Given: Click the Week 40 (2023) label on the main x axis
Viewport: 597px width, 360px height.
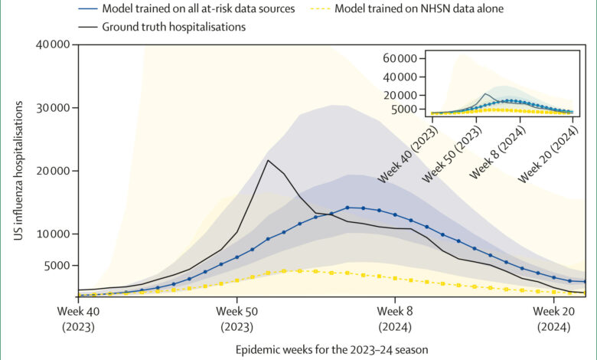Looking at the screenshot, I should tap(78, 319).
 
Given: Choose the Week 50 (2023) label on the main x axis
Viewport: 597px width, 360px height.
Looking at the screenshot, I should tap(237, 319).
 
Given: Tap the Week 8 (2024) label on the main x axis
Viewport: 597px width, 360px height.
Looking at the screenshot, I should tap(395, 319).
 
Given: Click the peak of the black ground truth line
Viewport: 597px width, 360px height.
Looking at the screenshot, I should tap(268, 160).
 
